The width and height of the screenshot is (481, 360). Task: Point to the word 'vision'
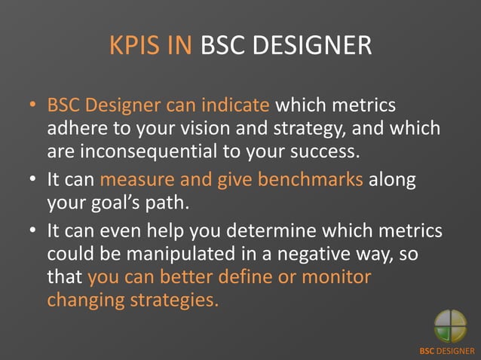[x=205, y=129]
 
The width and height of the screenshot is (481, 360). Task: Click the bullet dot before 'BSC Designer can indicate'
[x=35, y=108]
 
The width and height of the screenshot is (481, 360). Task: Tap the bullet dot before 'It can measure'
[x=35, y=182]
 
